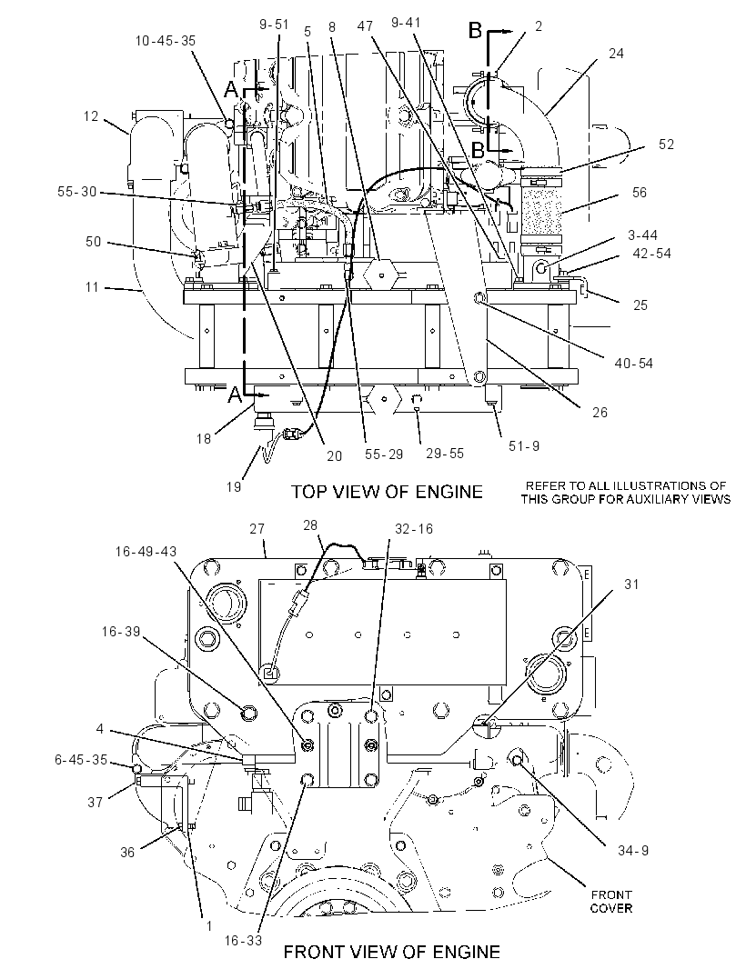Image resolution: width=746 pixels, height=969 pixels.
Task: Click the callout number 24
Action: coord(616,54)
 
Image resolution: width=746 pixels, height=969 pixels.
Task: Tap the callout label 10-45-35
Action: coord(166,41)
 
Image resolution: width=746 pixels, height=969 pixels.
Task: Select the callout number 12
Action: coord(91,116)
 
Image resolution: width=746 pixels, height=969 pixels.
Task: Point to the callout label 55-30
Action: coord(77,192)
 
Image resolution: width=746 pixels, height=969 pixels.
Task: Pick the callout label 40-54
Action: coord(633,364)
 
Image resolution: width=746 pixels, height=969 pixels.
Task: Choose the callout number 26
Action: coord(600,412)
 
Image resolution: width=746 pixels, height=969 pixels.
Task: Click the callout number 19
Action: coord(233,487)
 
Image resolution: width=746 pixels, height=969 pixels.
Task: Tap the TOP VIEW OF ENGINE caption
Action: coord(387,492)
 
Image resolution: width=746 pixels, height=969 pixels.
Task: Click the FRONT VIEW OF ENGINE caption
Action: coord(391,952)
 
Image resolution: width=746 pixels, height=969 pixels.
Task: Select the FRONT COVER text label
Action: coord(611,902)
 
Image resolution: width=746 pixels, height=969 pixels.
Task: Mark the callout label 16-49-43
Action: coord(146,551)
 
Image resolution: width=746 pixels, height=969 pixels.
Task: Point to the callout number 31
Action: coord(631,584)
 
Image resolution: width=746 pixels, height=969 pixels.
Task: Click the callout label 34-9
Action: coord(633,850)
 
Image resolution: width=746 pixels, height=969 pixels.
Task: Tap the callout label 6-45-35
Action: coord(81,760)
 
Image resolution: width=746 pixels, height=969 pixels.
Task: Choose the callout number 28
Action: coord(310,525)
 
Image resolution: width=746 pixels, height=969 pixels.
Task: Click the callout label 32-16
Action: coord(414,529)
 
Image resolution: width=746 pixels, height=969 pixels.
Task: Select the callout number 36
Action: coord(126,853)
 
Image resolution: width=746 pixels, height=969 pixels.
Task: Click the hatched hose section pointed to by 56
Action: coord(541,209)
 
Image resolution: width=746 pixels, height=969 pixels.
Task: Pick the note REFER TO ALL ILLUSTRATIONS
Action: coord(626,492)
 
